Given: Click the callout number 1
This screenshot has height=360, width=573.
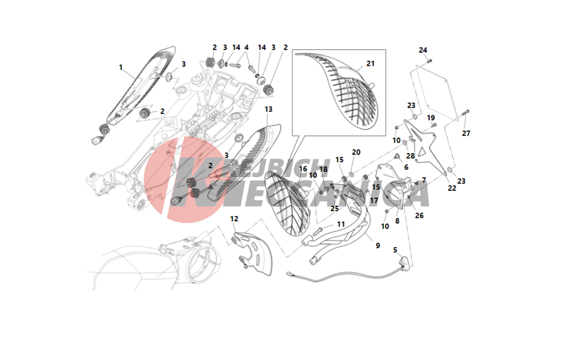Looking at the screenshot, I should pyautogui.click(x=121, y=67).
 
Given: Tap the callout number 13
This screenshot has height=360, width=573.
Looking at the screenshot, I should pyautogui.click(x=269, y=109).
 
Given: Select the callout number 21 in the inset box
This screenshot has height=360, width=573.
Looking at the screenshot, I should pyautogui.click(x=370, y=63).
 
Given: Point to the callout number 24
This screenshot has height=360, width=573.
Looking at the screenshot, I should pyautogui.click(x=423, y=50).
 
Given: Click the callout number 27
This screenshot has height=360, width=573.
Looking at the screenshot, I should pyautogui.click(x=466, y=134).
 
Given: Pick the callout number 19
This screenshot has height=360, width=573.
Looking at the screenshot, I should pyautogui.click(x=430, y=118).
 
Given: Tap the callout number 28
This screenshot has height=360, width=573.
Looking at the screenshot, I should pyautogui.click(x=410, y=156).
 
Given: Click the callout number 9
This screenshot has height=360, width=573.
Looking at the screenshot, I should pyautogui.click(x=378, y=246).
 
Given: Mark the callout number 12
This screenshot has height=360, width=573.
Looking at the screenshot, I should pyautogui.click(x=234, y=218).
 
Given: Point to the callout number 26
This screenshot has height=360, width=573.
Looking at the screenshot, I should pyautogui.click(x=419, y=216).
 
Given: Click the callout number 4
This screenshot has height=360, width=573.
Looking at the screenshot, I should pyautogui.click(x=246, y=48).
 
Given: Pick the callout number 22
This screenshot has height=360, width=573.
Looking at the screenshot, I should pyautogui.click(x=452, y=188).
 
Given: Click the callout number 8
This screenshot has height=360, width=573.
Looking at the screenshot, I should pyautogui.click(x=397, y=220).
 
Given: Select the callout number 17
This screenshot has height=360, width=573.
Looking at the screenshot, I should pyautogui.click(x=374, y=201).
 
